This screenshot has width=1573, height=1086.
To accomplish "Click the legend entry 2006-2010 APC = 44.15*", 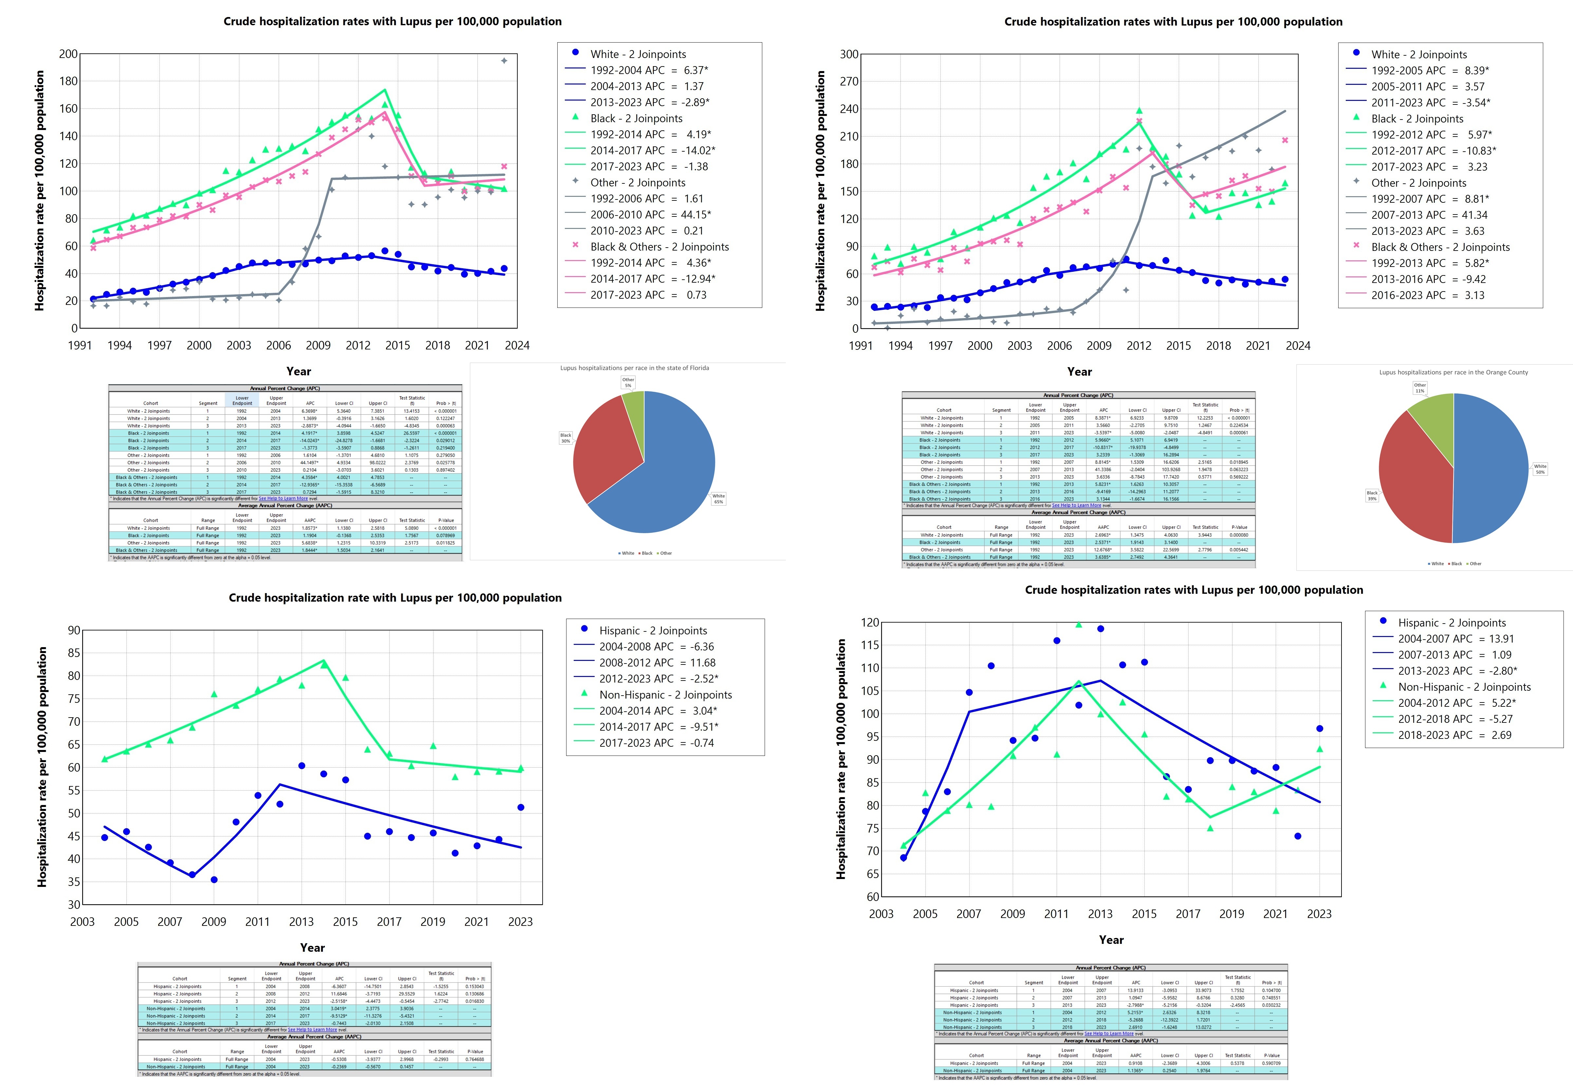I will point(650,214).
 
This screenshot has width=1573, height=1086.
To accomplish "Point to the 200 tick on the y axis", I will point(68,54).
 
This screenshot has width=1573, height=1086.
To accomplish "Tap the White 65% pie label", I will point(718,499).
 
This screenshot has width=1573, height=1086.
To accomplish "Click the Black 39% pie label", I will point(1372,496).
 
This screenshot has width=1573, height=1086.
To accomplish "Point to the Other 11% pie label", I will point(1420,388).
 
